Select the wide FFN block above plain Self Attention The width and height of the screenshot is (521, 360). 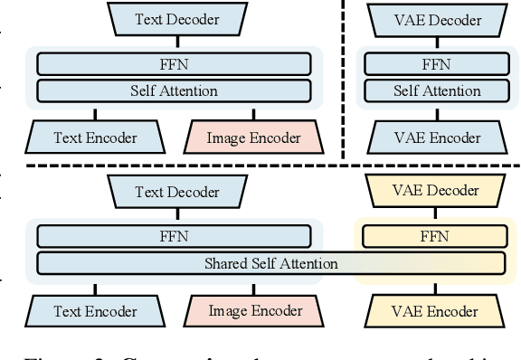[178, 64]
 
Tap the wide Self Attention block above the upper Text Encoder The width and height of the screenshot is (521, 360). [178, 90]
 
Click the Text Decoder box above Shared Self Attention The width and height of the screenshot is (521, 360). [177, 192]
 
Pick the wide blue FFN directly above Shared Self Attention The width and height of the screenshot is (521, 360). [178, 238]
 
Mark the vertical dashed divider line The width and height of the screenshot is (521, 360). [344, 81]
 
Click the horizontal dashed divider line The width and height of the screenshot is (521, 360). [271, 166]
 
